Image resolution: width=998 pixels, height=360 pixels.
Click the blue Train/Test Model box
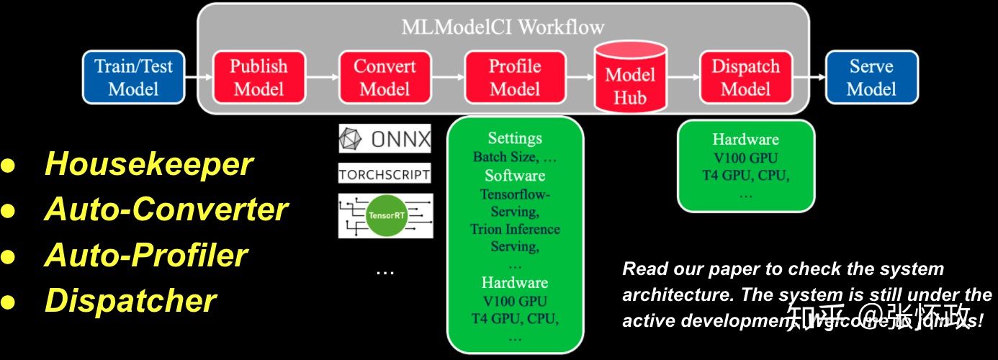pyautogui.click(x=134, y=77)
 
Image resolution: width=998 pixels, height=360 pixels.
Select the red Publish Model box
pyautogui.click(x=259, y=77)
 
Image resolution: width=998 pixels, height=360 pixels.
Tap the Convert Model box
pyautogui.click(x=385, y=77)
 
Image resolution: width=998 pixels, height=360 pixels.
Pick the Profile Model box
pyautogui.click(x=514, y=77)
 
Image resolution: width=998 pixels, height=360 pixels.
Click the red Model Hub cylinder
pyautogui.click(x=630, y=83)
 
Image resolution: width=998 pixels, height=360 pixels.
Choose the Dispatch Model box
pyautogui.click(x=745, y=77)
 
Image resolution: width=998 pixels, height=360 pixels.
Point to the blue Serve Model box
pyautogui.click(x=871, y=77)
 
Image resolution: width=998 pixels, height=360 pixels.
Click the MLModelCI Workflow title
pyautogui.click(x=503, y=27)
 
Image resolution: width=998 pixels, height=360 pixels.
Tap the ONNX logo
pyautogui.click(x=385, y=138)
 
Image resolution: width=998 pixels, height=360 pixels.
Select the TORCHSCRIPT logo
pyautogui.click(x=385, y=174)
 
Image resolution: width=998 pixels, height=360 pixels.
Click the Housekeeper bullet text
pyautogui.click(x=148, y=164)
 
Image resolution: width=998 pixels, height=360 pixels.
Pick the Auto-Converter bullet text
pyautogui.click(x=166, y=210)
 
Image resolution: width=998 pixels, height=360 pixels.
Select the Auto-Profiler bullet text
pyautogui.click(x=146, y=255)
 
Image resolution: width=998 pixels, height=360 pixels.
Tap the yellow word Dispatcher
pyautogui.click(x=130, y=300)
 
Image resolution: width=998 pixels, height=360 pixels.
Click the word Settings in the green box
pyautogui.click(x=515, y=138)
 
